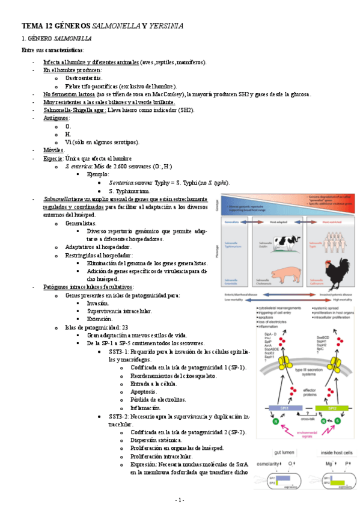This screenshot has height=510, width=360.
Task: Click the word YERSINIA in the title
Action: [165, 26]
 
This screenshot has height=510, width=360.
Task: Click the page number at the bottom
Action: [180, 500]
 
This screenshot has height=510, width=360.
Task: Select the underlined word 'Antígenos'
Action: [56, 118]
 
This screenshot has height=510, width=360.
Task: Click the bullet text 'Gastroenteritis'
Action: [84, 78]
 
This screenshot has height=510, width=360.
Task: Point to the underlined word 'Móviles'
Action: [53, 150]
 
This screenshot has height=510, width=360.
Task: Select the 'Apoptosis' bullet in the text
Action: [144, 392]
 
